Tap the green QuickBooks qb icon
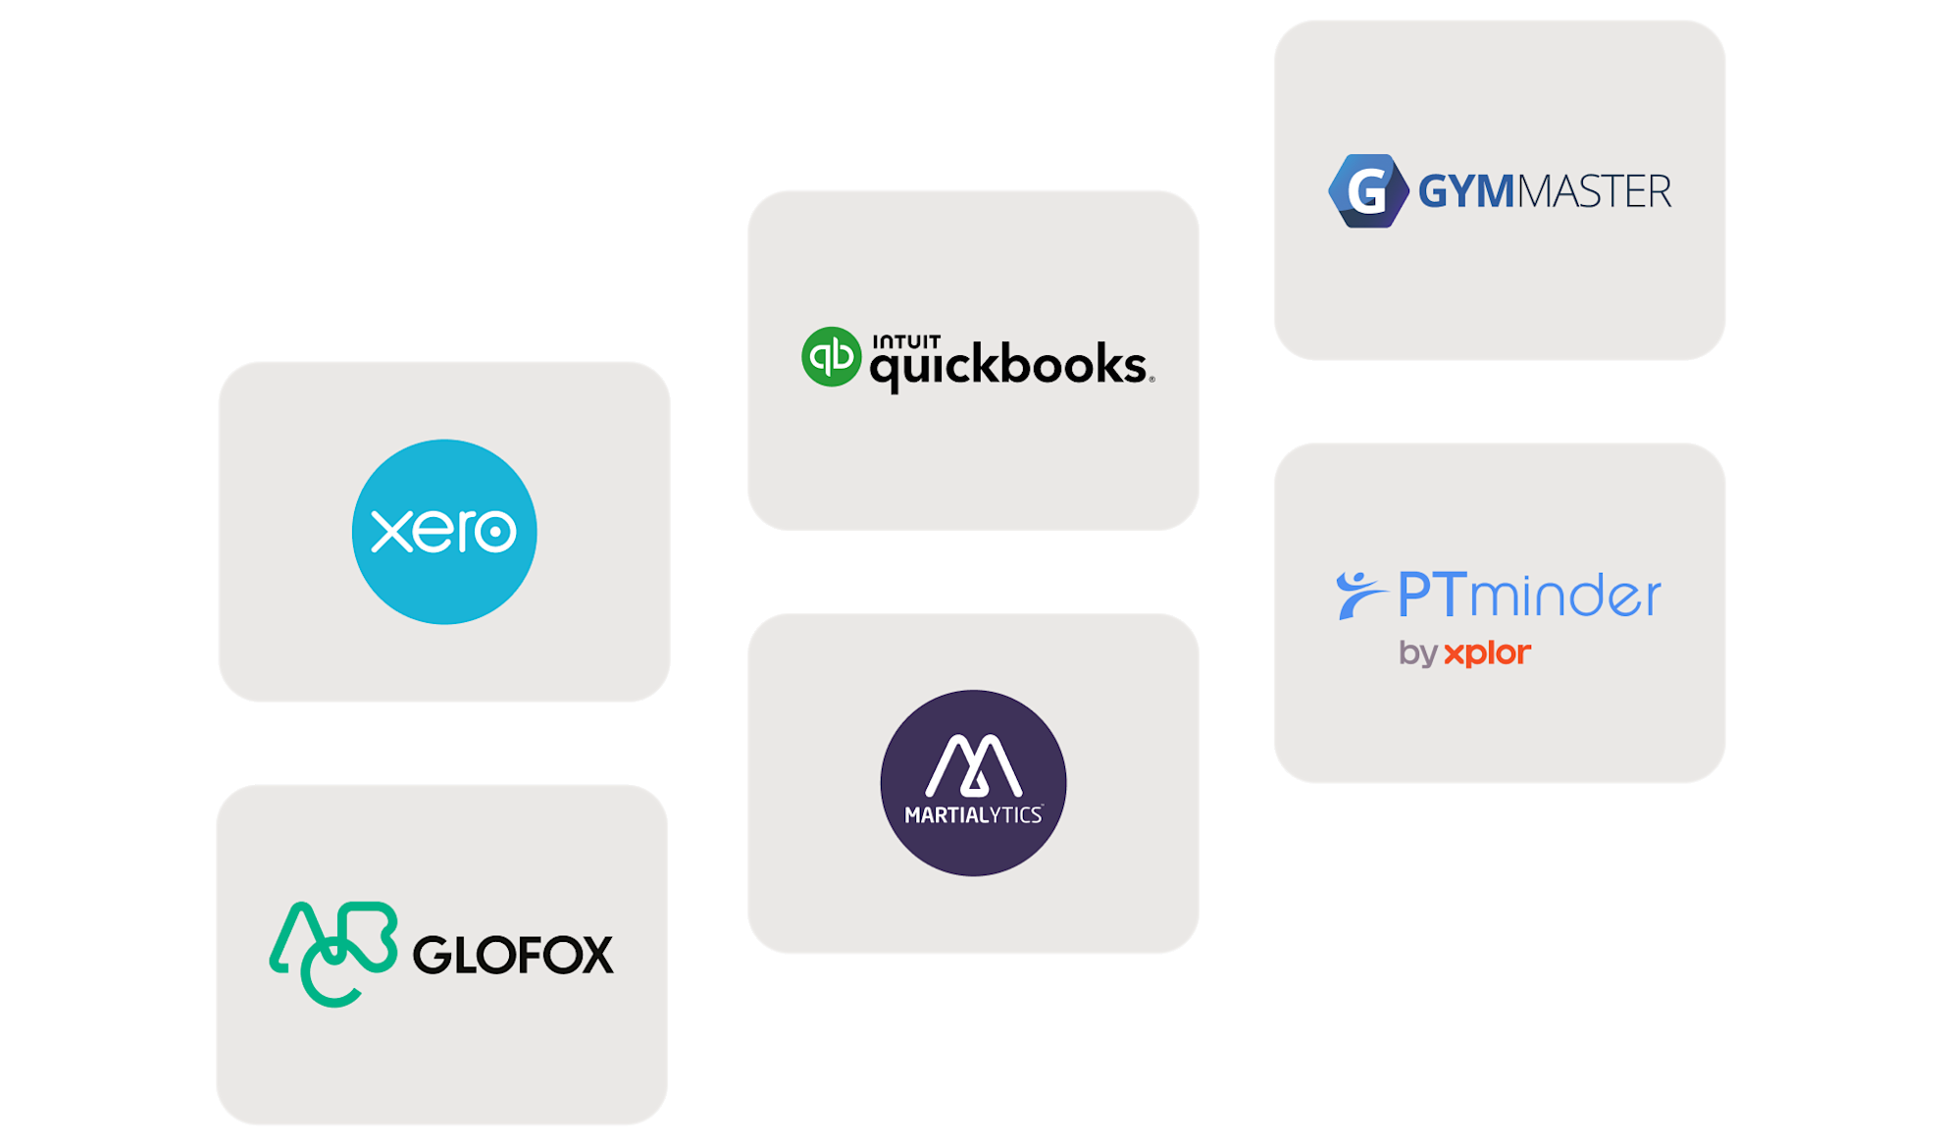[831, 356]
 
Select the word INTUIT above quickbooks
[906, 341]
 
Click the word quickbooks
[1008, 367]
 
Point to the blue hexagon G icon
[1366, 190]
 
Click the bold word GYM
[1466, 191]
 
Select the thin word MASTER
[1594, 191]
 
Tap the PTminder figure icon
[1359, 595]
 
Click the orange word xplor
[1487, 652]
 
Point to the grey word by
[1417, 653]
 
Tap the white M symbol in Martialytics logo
[973, 764]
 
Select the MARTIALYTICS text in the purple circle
[973, 815]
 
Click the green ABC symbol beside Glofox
[332, 953]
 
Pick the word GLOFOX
[513, 955]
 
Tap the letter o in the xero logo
[495, 531]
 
